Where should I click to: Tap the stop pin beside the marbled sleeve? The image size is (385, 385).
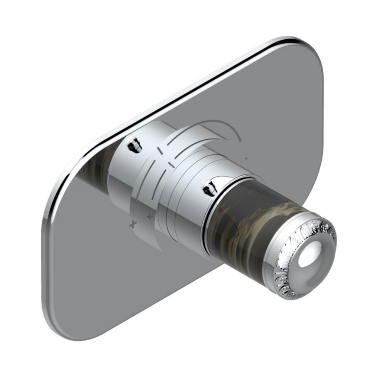tap(210, 187)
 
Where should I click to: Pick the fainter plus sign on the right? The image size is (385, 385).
tap(150, 217)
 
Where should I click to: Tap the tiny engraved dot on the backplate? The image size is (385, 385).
tap(246, 158)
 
